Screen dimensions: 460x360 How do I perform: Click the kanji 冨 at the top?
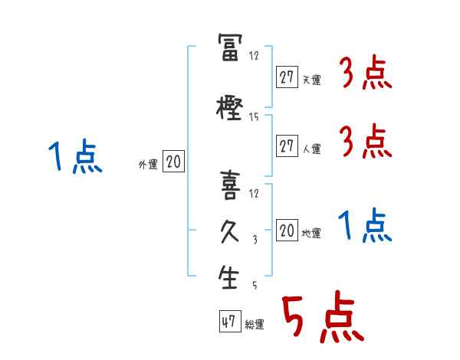click(230, 47)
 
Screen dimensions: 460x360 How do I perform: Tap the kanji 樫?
click(229, 109)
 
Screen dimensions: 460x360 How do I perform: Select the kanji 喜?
click(230, 185)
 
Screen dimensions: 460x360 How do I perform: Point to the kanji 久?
click(230, 231)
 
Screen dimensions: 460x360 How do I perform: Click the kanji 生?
click(228, 277)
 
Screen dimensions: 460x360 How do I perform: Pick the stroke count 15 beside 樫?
click(254, 117)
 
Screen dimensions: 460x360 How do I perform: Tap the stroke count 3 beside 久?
click(255, 240)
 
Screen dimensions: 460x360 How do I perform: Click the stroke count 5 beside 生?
click(255, 285)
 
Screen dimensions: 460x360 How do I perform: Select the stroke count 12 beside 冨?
click(254, 55)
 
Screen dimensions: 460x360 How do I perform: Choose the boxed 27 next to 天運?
click(287, 77)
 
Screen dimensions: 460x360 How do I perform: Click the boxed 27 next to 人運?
click(287, 146)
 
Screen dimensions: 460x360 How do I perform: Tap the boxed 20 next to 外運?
click(173, 161)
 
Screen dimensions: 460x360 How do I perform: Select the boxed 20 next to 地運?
click(287, 230)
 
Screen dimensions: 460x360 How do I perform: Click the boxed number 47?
click(230, 321)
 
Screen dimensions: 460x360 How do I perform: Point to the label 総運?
click(255, 324)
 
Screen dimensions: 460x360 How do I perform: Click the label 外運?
click(148, 165)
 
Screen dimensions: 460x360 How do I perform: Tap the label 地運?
click(311, 234)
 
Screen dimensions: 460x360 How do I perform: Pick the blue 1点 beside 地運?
click(365, 225)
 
